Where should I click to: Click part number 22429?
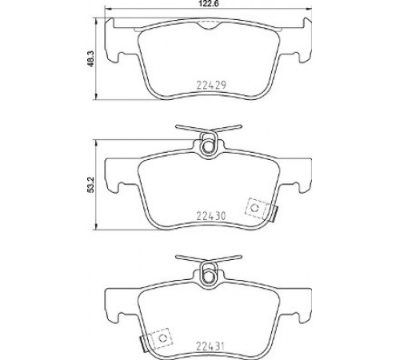point(211,85)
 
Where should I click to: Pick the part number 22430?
point(211,215)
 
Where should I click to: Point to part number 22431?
point(210,346)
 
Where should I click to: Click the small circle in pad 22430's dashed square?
point(255,207)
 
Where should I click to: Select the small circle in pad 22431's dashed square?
point(162,338)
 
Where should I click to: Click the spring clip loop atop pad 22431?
point(209,274)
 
